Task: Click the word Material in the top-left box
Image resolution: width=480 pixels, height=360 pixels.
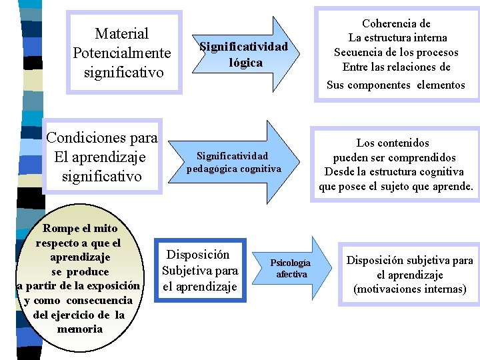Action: tap(122, 33)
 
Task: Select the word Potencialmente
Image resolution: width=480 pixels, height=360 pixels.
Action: tap(122, 52)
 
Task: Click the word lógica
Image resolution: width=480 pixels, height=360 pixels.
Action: tap(244, 63)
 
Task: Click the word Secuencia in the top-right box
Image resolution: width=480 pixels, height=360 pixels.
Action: tap(358, 53)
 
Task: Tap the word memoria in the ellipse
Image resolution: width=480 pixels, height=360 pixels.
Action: tap(80, 329)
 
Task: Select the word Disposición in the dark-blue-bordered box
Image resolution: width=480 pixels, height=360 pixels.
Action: tap(198, 255)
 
